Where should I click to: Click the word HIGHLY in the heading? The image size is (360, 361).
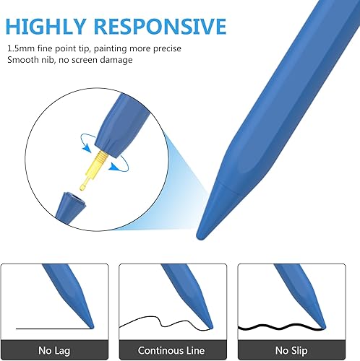tap(46, 26)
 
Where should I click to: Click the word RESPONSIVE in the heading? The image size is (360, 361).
tap(160, 26)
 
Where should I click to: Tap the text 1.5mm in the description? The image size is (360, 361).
tap(21, 48)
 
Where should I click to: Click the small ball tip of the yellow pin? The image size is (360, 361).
tap(82, 188)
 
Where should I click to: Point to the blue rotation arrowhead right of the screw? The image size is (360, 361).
tap(114, 167)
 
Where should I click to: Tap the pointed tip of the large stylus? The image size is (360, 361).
tap(199, 238)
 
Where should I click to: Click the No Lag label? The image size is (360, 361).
tap(54, 351)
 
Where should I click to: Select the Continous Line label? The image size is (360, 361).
tap(171, 350)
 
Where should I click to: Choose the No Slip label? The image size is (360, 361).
tap(291, 351)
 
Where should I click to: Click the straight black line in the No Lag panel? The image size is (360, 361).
tap(53, 329)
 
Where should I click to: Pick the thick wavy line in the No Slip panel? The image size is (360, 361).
tap(280, 327)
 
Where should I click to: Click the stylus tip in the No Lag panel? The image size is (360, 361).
tap(92, 327)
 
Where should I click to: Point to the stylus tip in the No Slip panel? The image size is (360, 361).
tap(324, 327)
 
